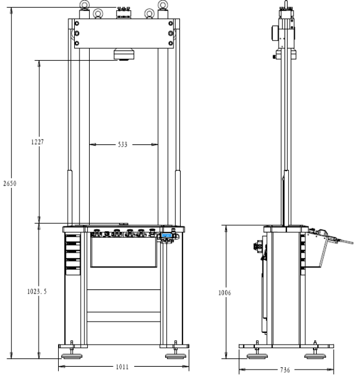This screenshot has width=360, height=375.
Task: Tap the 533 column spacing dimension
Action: coord(123,144)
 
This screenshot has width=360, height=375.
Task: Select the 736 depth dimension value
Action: coord(285,370)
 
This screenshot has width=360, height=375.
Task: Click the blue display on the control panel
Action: coord(167,237)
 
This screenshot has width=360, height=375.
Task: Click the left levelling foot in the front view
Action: coord(72,355)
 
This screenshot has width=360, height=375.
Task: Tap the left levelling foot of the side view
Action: coord(256,355)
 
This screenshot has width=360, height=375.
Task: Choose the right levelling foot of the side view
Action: coord(313,355)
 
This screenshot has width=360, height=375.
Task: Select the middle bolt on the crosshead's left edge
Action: coord(76,33)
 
